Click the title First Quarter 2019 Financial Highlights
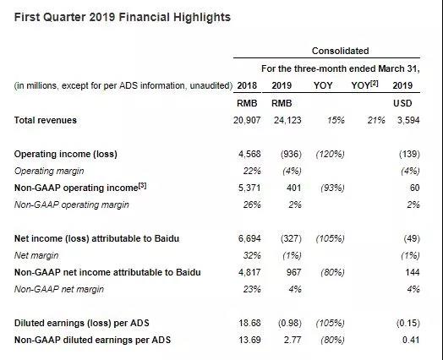[x=123, y=17]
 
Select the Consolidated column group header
[x=340, y=51]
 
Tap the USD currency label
[x=402, y=103]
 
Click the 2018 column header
[x=247, y=85]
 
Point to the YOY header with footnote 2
[x=364, y=85]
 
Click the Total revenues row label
[x=46, y=120]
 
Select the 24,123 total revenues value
[x=287, y=120]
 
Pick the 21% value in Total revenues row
[x=376, y=120]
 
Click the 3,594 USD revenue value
[x=408, y=120]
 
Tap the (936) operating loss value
[x=291, y=154]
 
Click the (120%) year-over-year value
[x=331, y=154]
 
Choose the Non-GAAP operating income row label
[x=80, y=188]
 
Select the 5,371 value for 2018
[x=249, y=188]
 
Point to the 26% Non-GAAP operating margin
[x=252, y=205]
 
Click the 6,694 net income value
[x=249, y=238]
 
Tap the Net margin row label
[x=36, y=255]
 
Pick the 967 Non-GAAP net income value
[x=293, y=272]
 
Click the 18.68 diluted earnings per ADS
[x=249, y=323]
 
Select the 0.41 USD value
[x=411, y=340]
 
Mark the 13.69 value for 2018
[x=249, y=340]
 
